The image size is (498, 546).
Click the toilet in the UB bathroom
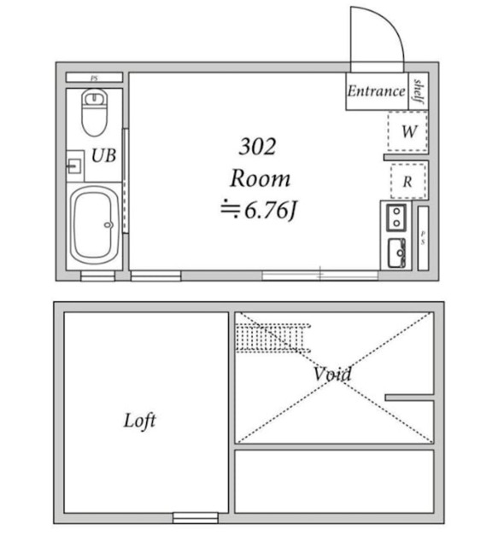(x=93, y=113)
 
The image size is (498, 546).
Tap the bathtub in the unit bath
(x=94, y=225)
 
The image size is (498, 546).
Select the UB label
(x=104, y=156)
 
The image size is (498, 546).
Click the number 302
(x=257, y=147)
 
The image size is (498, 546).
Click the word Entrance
(x=376, y=91)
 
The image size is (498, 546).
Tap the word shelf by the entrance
(x=419, y=90)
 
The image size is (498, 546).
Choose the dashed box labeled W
(x=408, y=132)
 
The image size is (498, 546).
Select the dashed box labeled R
(x=408, y=181)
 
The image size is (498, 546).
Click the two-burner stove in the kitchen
(x=397, y=218)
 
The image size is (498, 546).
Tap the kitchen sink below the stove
(x=397, y=253)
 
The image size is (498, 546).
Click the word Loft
(x=139, y=421)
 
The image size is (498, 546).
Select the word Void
(x=331, y=374)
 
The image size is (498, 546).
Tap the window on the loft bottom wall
(x=195, y=517)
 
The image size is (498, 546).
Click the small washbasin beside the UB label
(x=74, y=165)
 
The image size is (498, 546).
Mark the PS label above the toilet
(x=94, y=78)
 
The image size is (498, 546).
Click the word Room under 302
(x=261, y=179)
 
